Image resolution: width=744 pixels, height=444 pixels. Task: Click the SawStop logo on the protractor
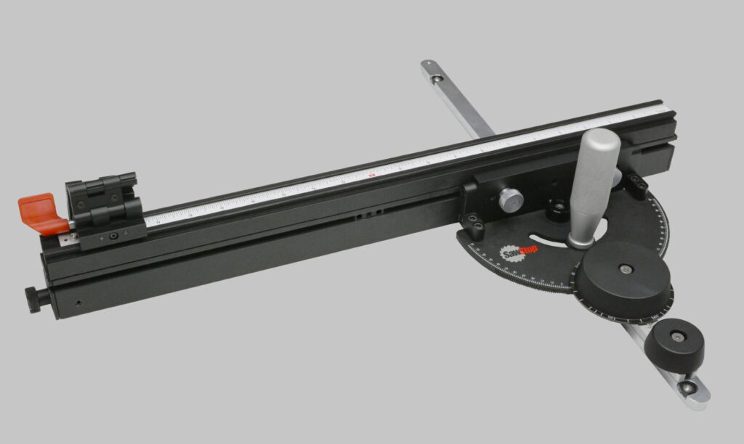coord(514,255)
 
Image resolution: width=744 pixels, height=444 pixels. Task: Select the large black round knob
coord(623,280)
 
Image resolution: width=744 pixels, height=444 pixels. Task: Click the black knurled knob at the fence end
coord(33,299)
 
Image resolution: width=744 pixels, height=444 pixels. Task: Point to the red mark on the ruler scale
coord(371,174)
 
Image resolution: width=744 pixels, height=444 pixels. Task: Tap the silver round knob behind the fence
coord(511,197)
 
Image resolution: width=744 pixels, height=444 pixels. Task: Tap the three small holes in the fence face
coord(369,213)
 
